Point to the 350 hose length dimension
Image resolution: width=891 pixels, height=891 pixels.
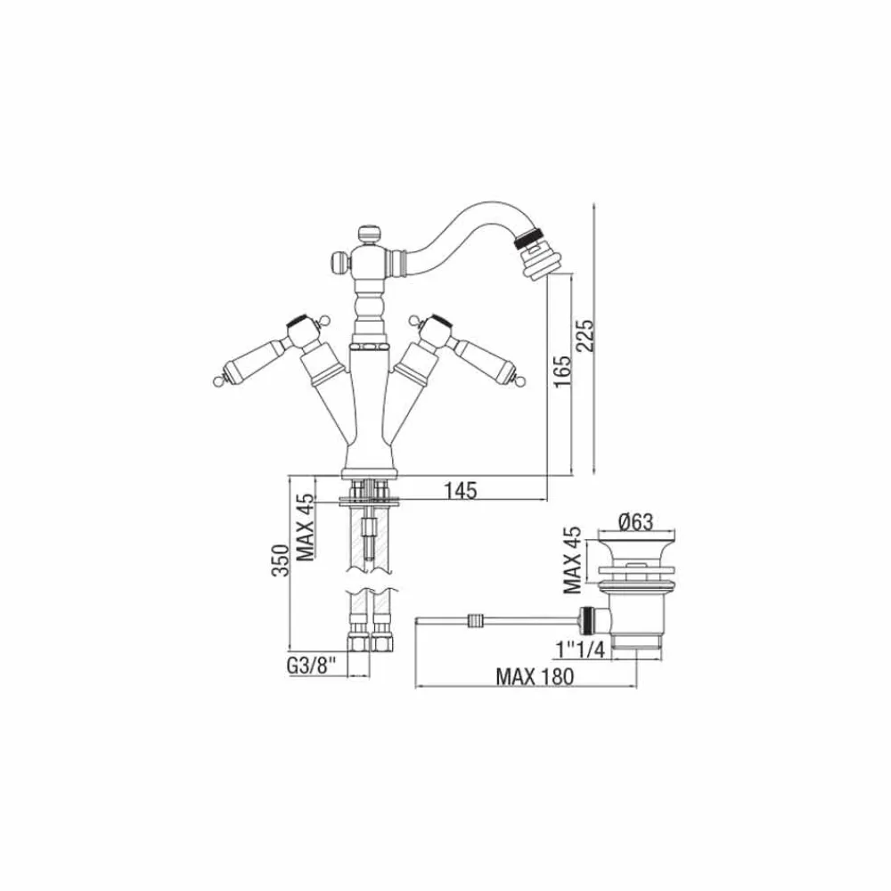(281, 563)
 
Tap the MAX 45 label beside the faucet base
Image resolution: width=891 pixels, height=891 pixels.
(306, 527)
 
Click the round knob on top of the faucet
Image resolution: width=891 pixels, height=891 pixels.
(368, 233)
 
